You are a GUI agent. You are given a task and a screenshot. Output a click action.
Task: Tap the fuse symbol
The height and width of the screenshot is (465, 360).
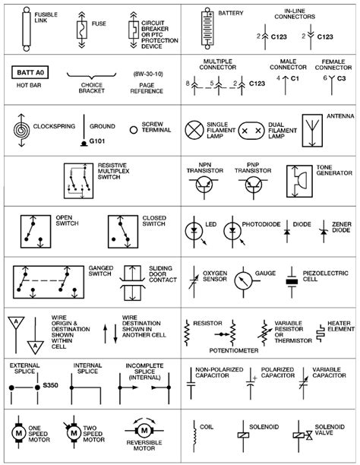click(81, 30)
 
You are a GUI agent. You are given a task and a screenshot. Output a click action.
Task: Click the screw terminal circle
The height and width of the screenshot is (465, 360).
click(134, 130)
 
